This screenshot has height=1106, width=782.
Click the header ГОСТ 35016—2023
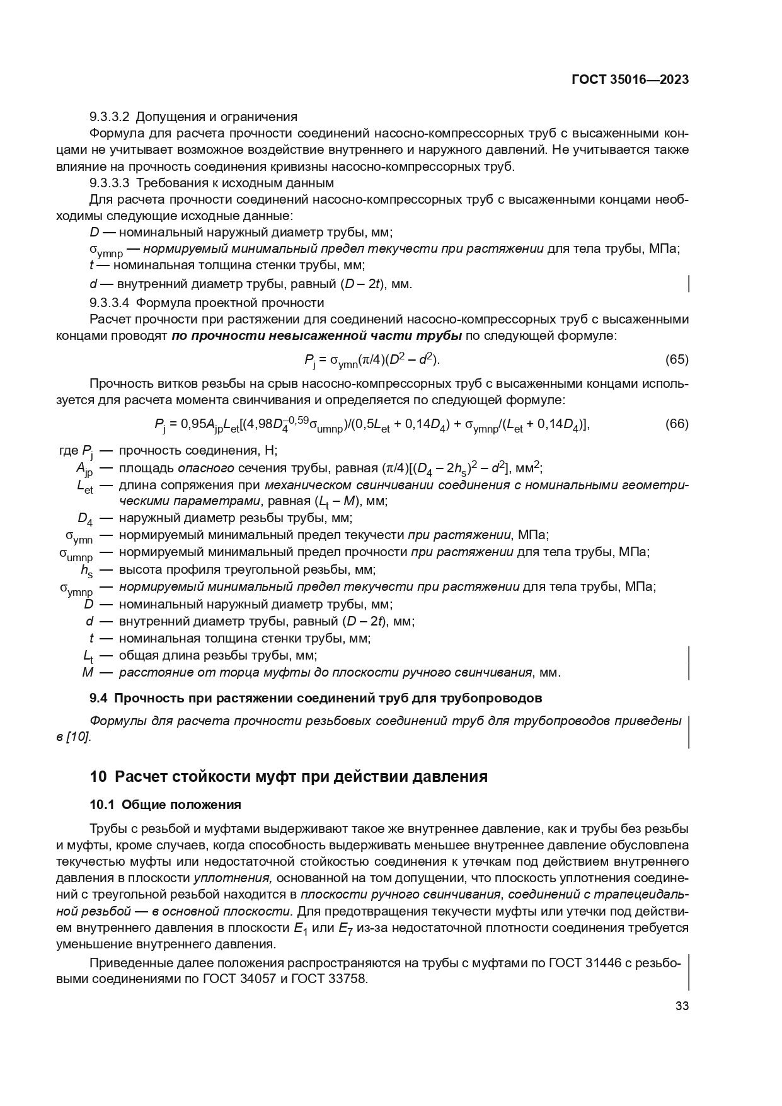tap(630, 79)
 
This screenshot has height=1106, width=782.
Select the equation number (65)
tap(677, 360)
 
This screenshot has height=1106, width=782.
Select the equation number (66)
tap(677, 424)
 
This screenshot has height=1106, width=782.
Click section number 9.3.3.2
tap(110, 117)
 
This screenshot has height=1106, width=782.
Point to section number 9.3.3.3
tap(110, 183)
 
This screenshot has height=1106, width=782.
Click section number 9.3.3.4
tap(110, 302)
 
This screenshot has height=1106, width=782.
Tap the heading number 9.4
tap(99, 699)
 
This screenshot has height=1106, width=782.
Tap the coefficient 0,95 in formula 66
tap(194, 424)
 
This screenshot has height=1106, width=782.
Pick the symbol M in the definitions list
tap(88, 672)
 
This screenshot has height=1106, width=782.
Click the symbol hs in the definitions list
tap(86, 571)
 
